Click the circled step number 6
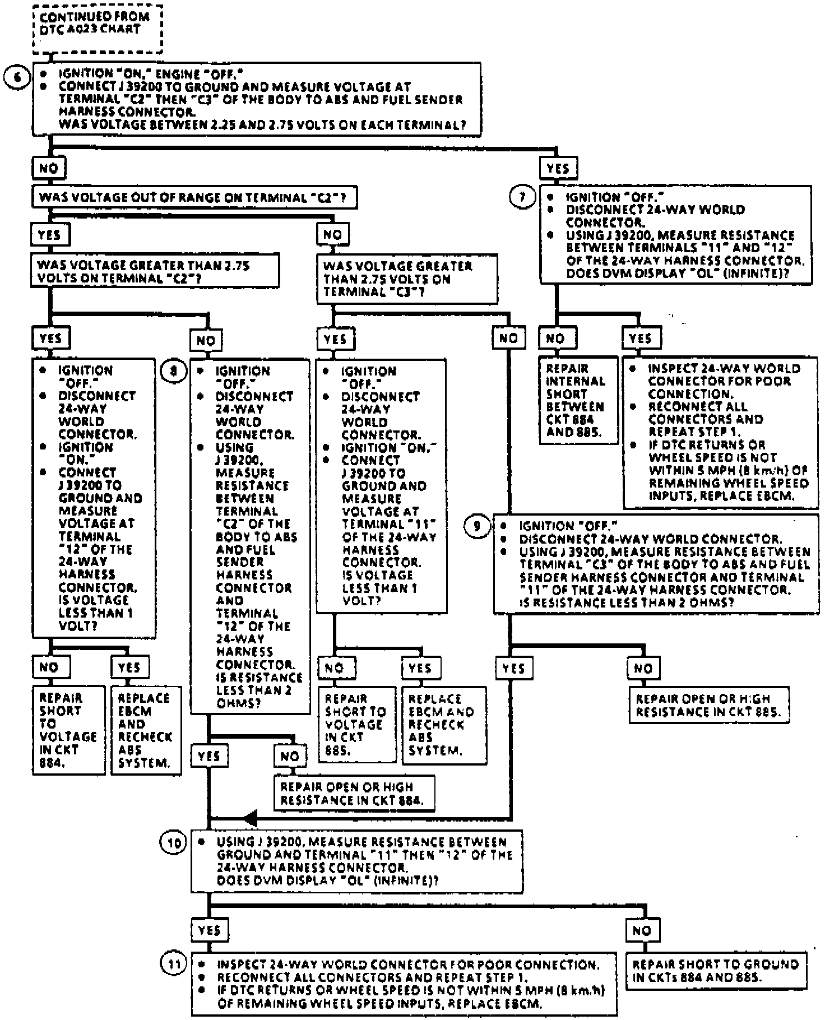[17, 77]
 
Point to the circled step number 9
[477, 526]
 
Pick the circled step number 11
[174, 964]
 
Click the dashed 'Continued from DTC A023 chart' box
[98, 29]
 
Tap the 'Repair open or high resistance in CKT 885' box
[708, 706]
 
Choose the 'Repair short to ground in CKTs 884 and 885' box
[716, 971]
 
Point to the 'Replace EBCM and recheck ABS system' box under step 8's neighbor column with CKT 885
[443, 724]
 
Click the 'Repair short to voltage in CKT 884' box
[68, 730]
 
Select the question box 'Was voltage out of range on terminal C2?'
[193, 197]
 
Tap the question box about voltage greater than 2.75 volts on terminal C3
[406, 279]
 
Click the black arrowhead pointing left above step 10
[251, 818]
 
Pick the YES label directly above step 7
[558, 168]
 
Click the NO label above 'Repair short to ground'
[642, 931]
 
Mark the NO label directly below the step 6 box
[49, 168]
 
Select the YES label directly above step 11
[209, 931]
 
